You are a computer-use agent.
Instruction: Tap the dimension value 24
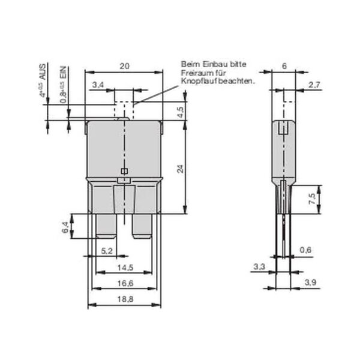point(179,170)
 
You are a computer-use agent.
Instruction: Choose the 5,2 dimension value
point(106,250)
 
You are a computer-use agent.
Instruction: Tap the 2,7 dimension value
point(313,85)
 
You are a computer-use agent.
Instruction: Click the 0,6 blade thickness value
point(305,250)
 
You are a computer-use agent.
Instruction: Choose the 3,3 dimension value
point(259,265)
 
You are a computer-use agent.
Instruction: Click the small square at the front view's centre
point(124,172)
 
